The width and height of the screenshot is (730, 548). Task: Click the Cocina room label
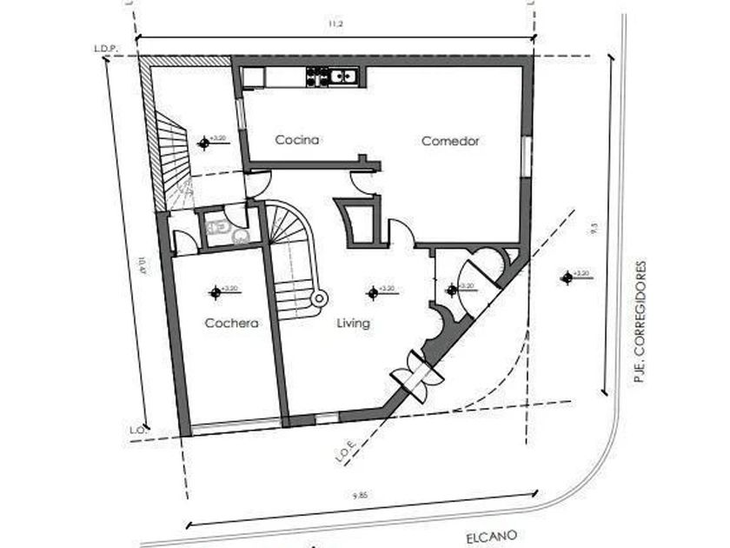[298, 140]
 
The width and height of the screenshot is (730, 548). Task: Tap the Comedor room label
[450, 141]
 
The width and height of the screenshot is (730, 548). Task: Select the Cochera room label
[232, 324]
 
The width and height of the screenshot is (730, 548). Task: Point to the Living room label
[354, 324]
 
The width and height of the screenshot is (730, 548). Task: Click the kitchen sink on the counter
[344, 77]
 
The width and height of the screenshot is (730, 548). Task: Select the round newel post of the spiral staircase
[319, 298]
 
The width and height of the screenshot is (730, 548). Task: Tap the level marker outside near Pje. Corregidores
[567, 277]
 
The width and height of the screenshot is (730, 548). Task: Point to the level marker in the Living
[373, 292]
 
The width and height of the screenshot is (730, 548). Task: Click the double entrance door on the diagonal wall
[417, 372]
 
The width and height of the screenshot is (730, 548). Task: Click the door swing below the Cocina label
[260, 182]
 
